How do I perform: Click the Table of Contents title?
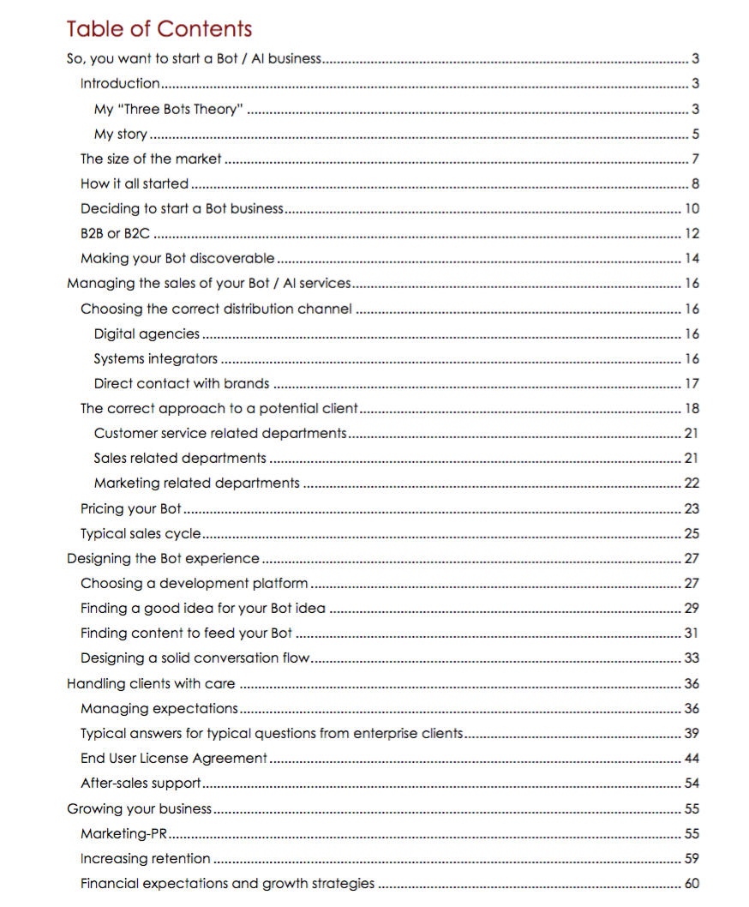pos(159,28)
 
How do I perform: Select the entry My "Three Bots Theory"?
pos(169,109)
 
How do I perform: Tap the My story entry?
pos(120,134)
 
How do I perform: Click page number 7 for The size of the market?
pos(696,159)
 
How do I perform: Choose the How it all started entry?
pos(134,183)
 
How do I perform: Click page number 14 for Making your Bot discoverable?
pos(692,258)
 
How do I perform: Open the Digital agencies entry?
pos(147,333)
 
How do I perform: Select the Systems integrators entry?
pos(155,358)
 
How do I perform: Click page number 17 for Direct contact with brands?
pos(692,383)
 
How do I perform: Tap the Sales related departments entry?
pos(180,458)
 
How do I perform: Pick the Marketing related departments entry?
pos(196,483)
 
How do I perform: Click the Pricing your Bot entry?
pos(130,508)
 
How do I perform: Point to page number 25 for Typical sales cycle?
pos(692,533)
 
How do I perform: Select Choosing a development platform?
pos(194,583)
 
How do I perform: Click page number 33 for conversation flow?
pos(692,658)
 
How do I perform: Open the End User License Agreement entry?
pos(174,758)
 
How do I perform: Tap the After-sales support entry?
pos(141,783)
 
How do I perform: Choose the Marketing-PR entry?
pos(123,833)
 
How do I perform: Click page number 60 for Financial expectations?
pos(692,883)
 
